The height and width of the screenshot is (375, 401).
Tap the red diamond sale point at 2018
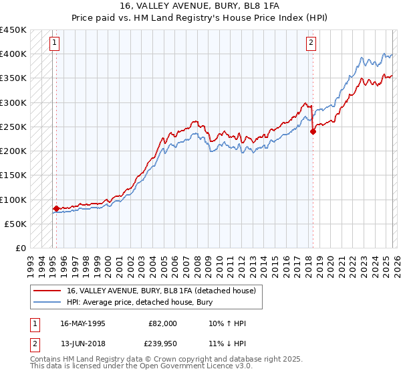[312, 132]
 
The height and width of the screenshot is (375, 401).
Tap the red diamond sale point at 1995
[56, 208]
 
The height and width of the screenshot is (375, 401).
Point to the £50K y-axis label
[15, 224]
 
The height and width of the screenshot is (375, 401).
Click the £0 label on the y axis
[20, 248]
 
